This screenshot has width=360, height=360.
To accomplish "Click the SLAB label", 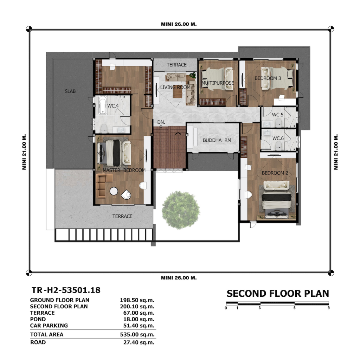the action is point(70,91).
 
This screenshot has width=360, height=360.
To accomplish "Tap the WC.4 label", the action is point(113,106).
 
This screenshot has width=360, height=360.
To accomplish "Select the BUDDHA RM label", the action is point(217,140).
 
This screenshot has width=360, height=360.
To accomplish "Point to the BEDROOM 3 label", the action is point(268,78).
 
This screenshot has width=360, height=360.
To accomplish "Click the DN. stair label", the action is point(161,122).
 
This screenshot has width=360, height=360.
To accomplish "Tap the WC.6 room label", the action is point(278,138).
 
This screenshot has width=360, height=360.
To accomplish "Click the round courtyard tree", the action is point(181,210).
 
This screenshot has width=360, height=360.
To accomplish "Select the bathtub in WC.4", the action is point(103,105).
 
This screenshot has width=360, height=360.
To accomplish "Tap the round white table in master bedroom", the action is point(114,191).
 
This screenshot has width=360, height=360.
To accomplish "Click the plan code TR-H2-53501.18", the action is point(66,290).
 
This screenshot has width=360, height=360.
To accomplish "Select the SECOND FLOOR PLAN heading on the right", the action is point(278,294).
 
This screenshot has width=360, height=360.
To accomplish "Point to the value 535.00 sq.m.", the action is point(137,335).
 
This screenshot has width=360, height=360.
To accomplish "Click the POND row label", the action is point(38,319).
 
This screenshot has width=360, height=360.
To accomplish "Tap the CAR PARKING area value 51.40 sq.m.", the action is point(139,326).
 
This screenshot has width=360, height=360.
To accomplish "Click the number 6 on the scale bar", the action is point(294,308).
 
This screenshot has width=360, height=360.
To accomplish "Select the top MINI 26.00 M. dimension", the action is point(179,24).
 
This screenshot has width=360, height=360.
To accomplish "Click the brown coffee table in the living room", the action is point(178,93).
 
